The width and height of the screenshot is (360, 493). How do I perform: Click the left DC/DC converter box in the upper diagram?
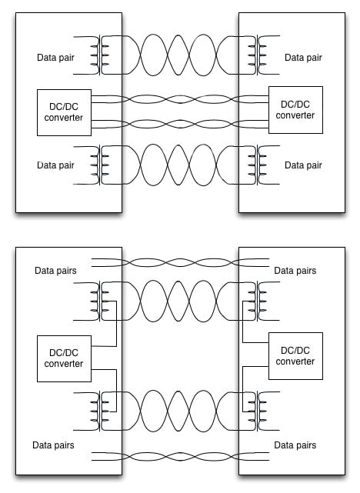click(60, 111)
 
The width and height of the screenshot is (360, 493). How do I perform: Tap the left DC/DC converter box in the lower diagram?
click(64, 358)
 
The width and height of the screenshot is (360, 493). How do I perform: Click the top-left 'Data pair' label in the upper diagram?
click(56, 57)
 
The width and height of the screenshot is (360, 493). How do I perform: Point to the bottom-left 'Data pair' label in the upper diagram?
click(56, 165)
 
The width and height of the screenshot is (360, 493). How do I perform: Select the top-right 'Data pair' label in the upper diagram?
click(303, 57)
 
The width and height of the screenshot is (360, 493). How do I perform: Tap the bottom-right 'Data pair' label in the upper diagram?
click(303, 165)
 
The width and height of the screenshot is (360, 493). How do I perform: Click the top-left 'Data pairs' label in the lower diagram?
click(55, 271)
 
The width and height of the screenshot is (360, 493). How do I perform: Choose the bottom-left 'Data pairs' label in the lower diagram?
click(55, 445)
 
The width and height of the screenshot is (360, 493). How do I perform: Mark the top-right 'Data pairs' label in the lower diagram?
click(295, 271)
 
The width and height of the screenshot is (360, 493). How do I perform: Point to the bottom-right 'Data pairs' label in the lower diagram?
click(295, 445)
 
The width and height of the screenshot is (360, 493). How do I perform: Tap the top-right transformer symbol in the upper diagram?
click(252, 56)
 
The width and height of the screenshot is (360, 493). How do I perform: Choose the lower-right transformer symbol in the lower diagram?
click(252, 410)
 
